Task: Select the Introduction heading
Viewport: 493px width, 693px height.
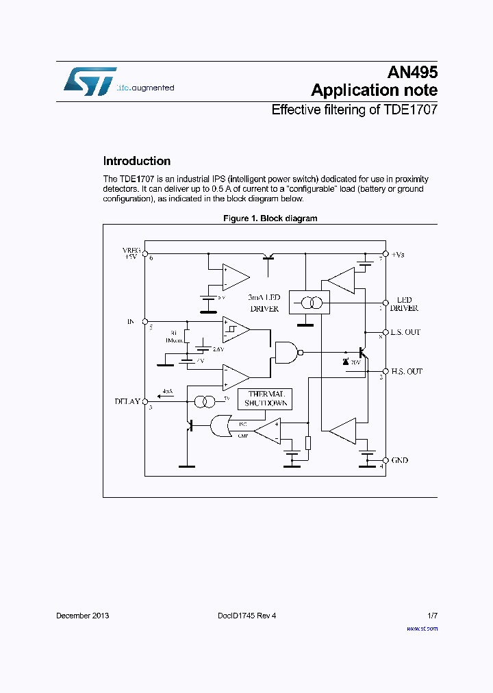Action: (137, 162)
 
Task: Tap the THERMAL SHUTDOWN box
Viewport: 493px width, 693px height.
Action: (264, 399)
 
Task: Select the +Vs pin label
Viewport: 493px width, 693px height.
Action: (398, 254)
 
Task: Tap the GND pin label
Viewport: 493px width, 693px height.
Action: (399, 460)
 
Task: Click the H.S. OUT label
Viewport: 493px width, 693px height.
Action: (407, 371)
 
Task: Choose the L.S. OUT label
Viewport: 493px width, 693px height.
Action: (406, 332)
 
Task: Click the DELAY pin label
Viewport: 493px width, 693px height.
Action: (127, 402)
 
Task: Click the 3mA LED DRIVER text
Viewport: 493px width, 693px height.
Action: (264, 303)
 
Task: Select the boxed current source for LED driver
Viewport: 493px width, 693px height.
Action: (309, 301)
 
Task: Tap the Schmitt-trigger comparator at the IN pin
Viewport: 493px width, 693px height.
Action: (236, 330)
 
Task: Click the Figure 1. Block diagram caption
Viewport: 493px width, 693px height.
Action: (270, 218)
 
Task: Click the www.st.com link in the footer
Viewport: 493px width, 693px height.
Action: (422, 628)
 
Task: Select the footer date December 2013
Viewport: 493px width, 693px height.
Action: (82, 616)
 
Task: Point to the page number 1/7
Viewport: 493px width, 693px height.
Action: (432, 616)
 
